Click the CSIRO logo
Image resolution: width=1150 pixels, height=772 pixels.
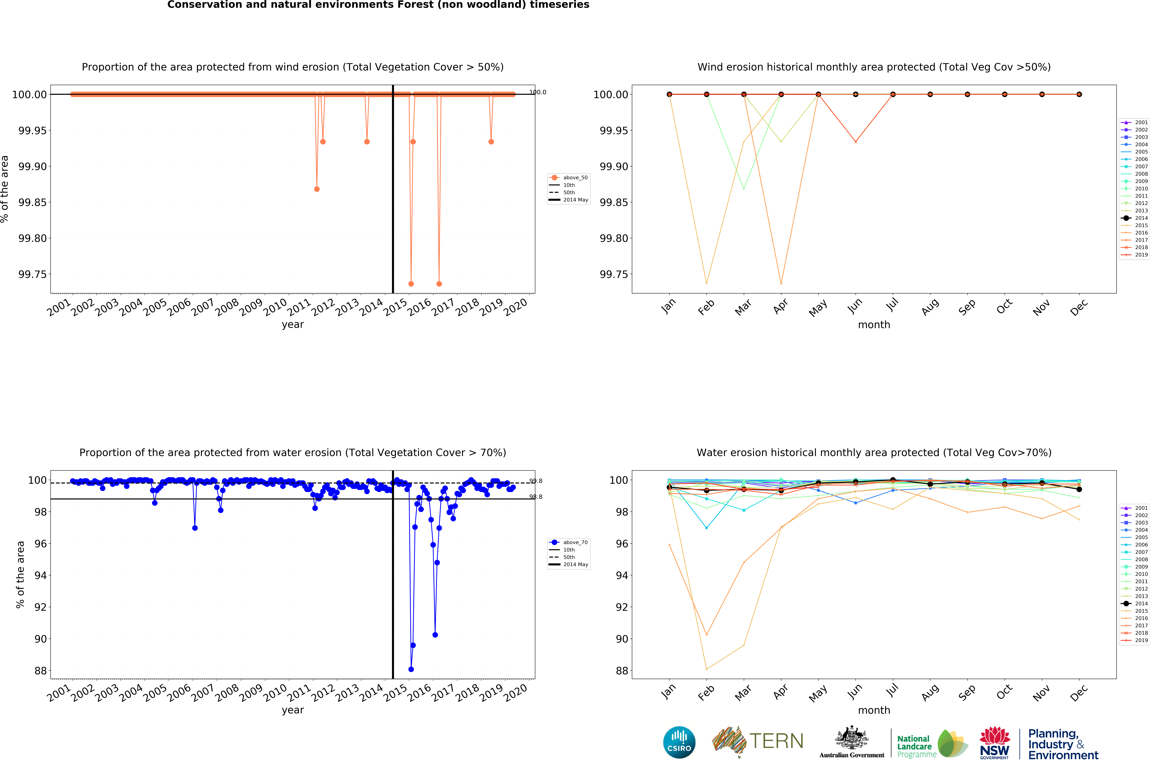pyautogui.click(x=679, y=742)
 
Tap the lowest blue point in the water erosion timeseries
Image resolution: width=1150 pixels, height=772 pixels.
pyautogui.click(x=411, y=669)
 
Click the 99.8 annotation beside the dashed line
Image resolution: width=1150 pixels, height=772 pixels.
pyautogui.click(x=536, y=481)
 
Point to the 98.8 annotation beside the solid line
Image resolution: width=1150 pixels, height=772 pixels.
pyautogui.click(x=536, y=497)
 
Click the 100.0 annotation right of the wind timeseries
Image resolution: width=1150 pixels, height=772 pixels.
pyautogui.click(x=537, y=92)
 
